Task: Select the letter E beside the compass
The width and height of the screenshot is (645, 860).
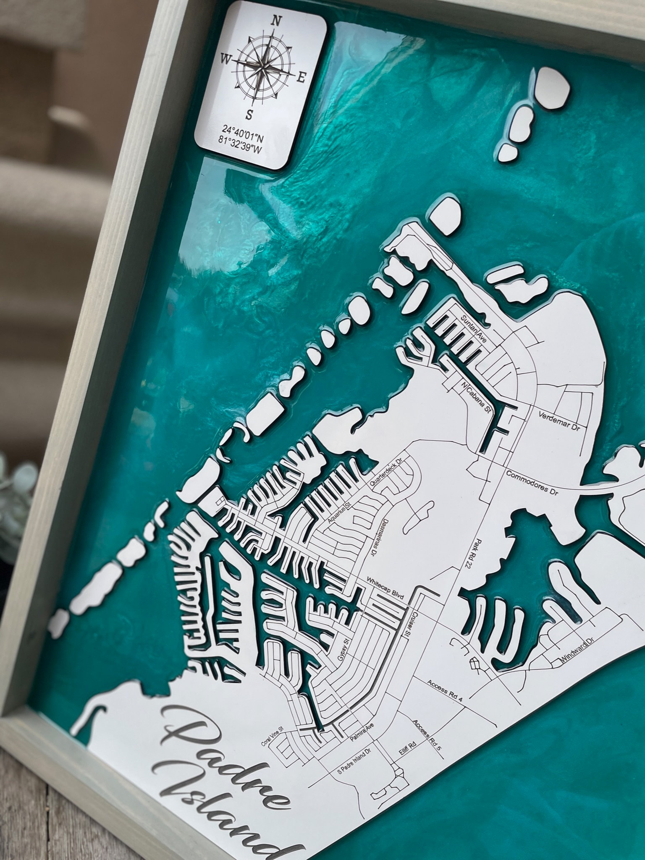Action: [301, 78]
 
